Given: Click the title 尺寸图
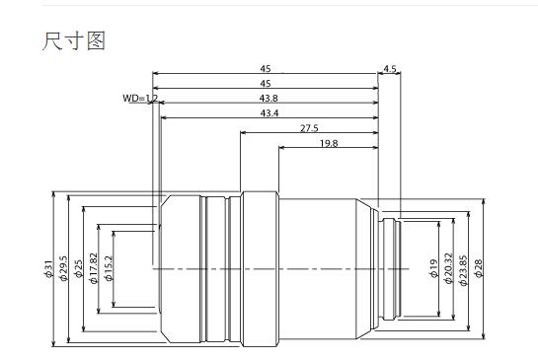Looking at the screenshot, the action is (x=73, y=40).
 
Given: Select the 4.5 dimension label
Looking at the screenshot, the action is (x=389, y=69).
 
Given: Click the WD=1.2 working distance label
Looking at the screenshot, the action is (x=140, y=99).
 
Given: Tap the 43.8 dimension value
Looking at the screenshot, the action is (x=269, y=99).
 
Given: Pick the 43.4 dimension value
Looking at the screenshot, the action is (x=269, y=113).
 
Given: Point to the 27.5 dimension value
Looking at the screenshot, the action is (x=309, y=128).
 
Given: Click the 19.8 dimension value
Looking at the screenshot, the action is (x=329, y=143).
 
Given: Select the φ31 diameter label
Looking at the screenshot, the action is (x=48, y=269).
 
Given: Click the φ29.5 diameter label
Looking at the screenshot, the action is (x=63, y=268).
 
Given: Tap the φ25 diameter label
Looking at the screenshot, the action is (x=79, y=269).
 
